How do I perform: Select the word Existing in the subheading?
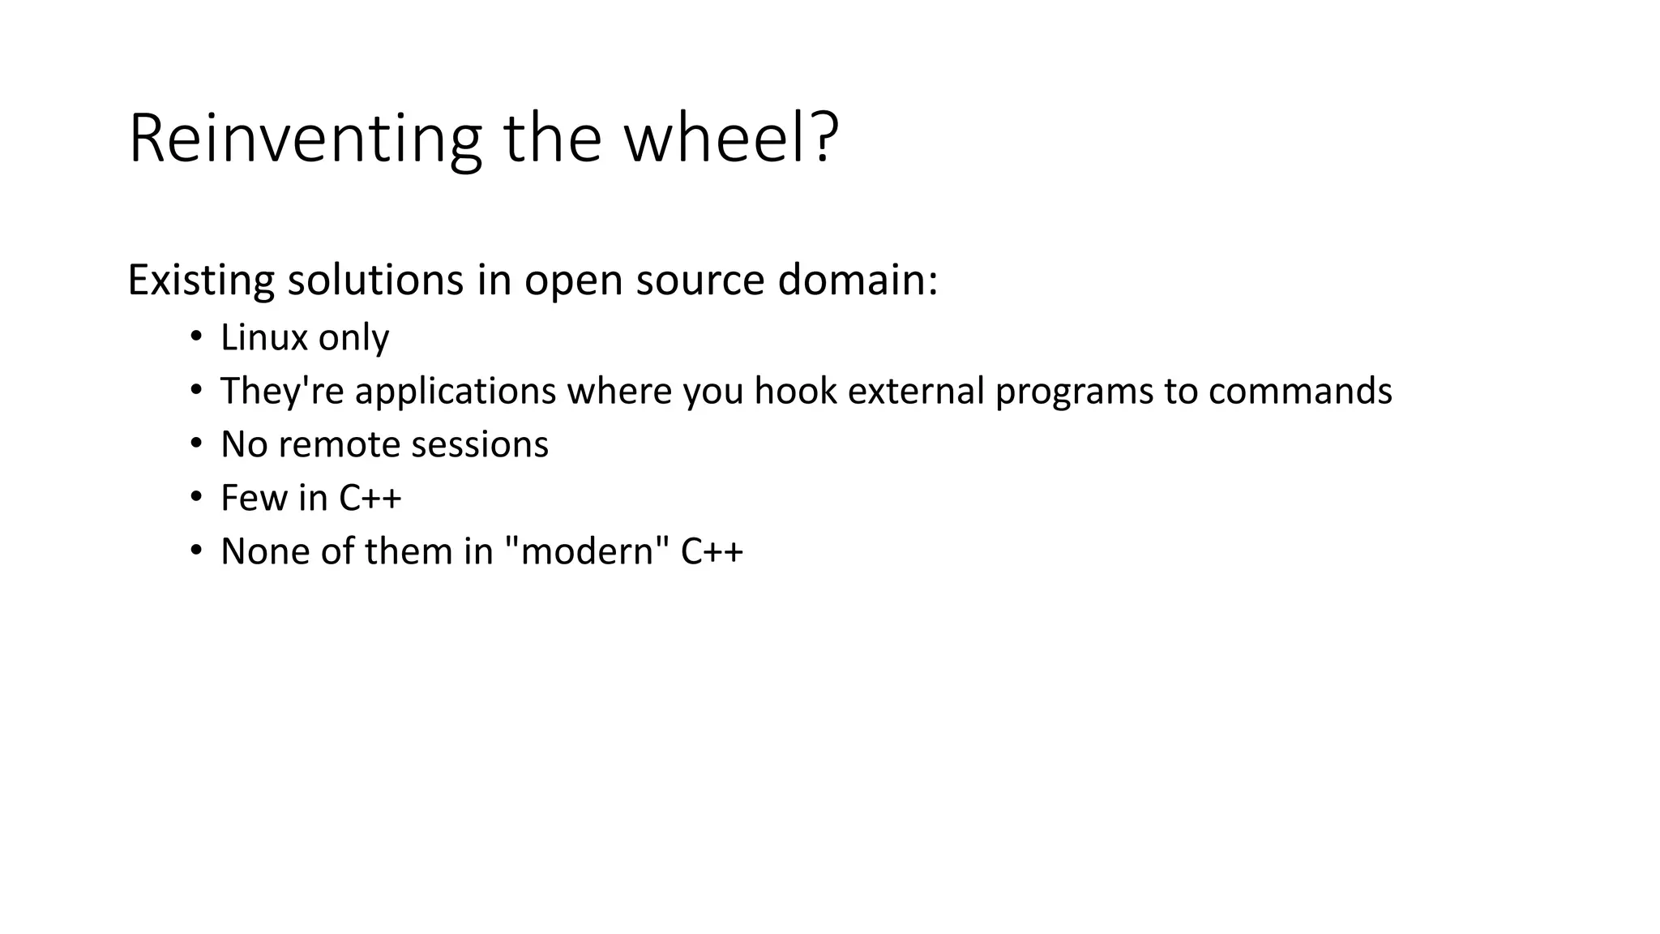point(201,281)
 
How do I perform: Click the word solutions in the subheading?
point(375,281)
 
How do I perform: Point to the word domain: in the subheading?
point(858,281)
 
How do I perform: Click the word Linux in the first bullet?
point(264,337)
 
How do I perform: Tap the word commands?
point(1300,391)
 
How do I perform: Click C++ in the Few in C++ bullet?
point(370,498)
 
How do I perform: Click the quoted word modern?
point(587,551)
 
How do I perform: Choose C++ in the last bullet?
point(712,551)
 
